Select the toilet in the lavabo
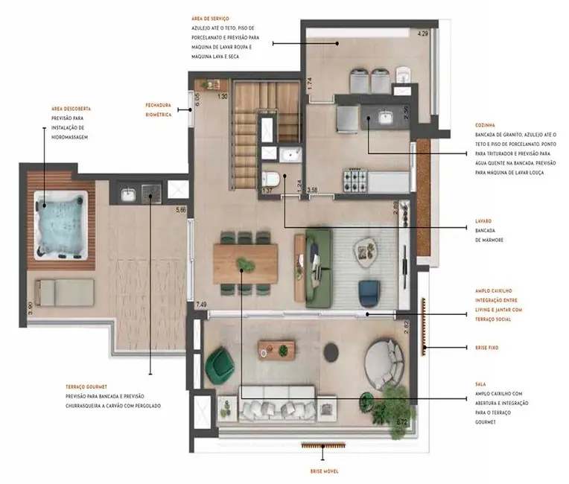pos(270,179)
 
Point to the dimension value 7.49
pos(201,305)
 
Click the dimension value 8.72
pos(402,421)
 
